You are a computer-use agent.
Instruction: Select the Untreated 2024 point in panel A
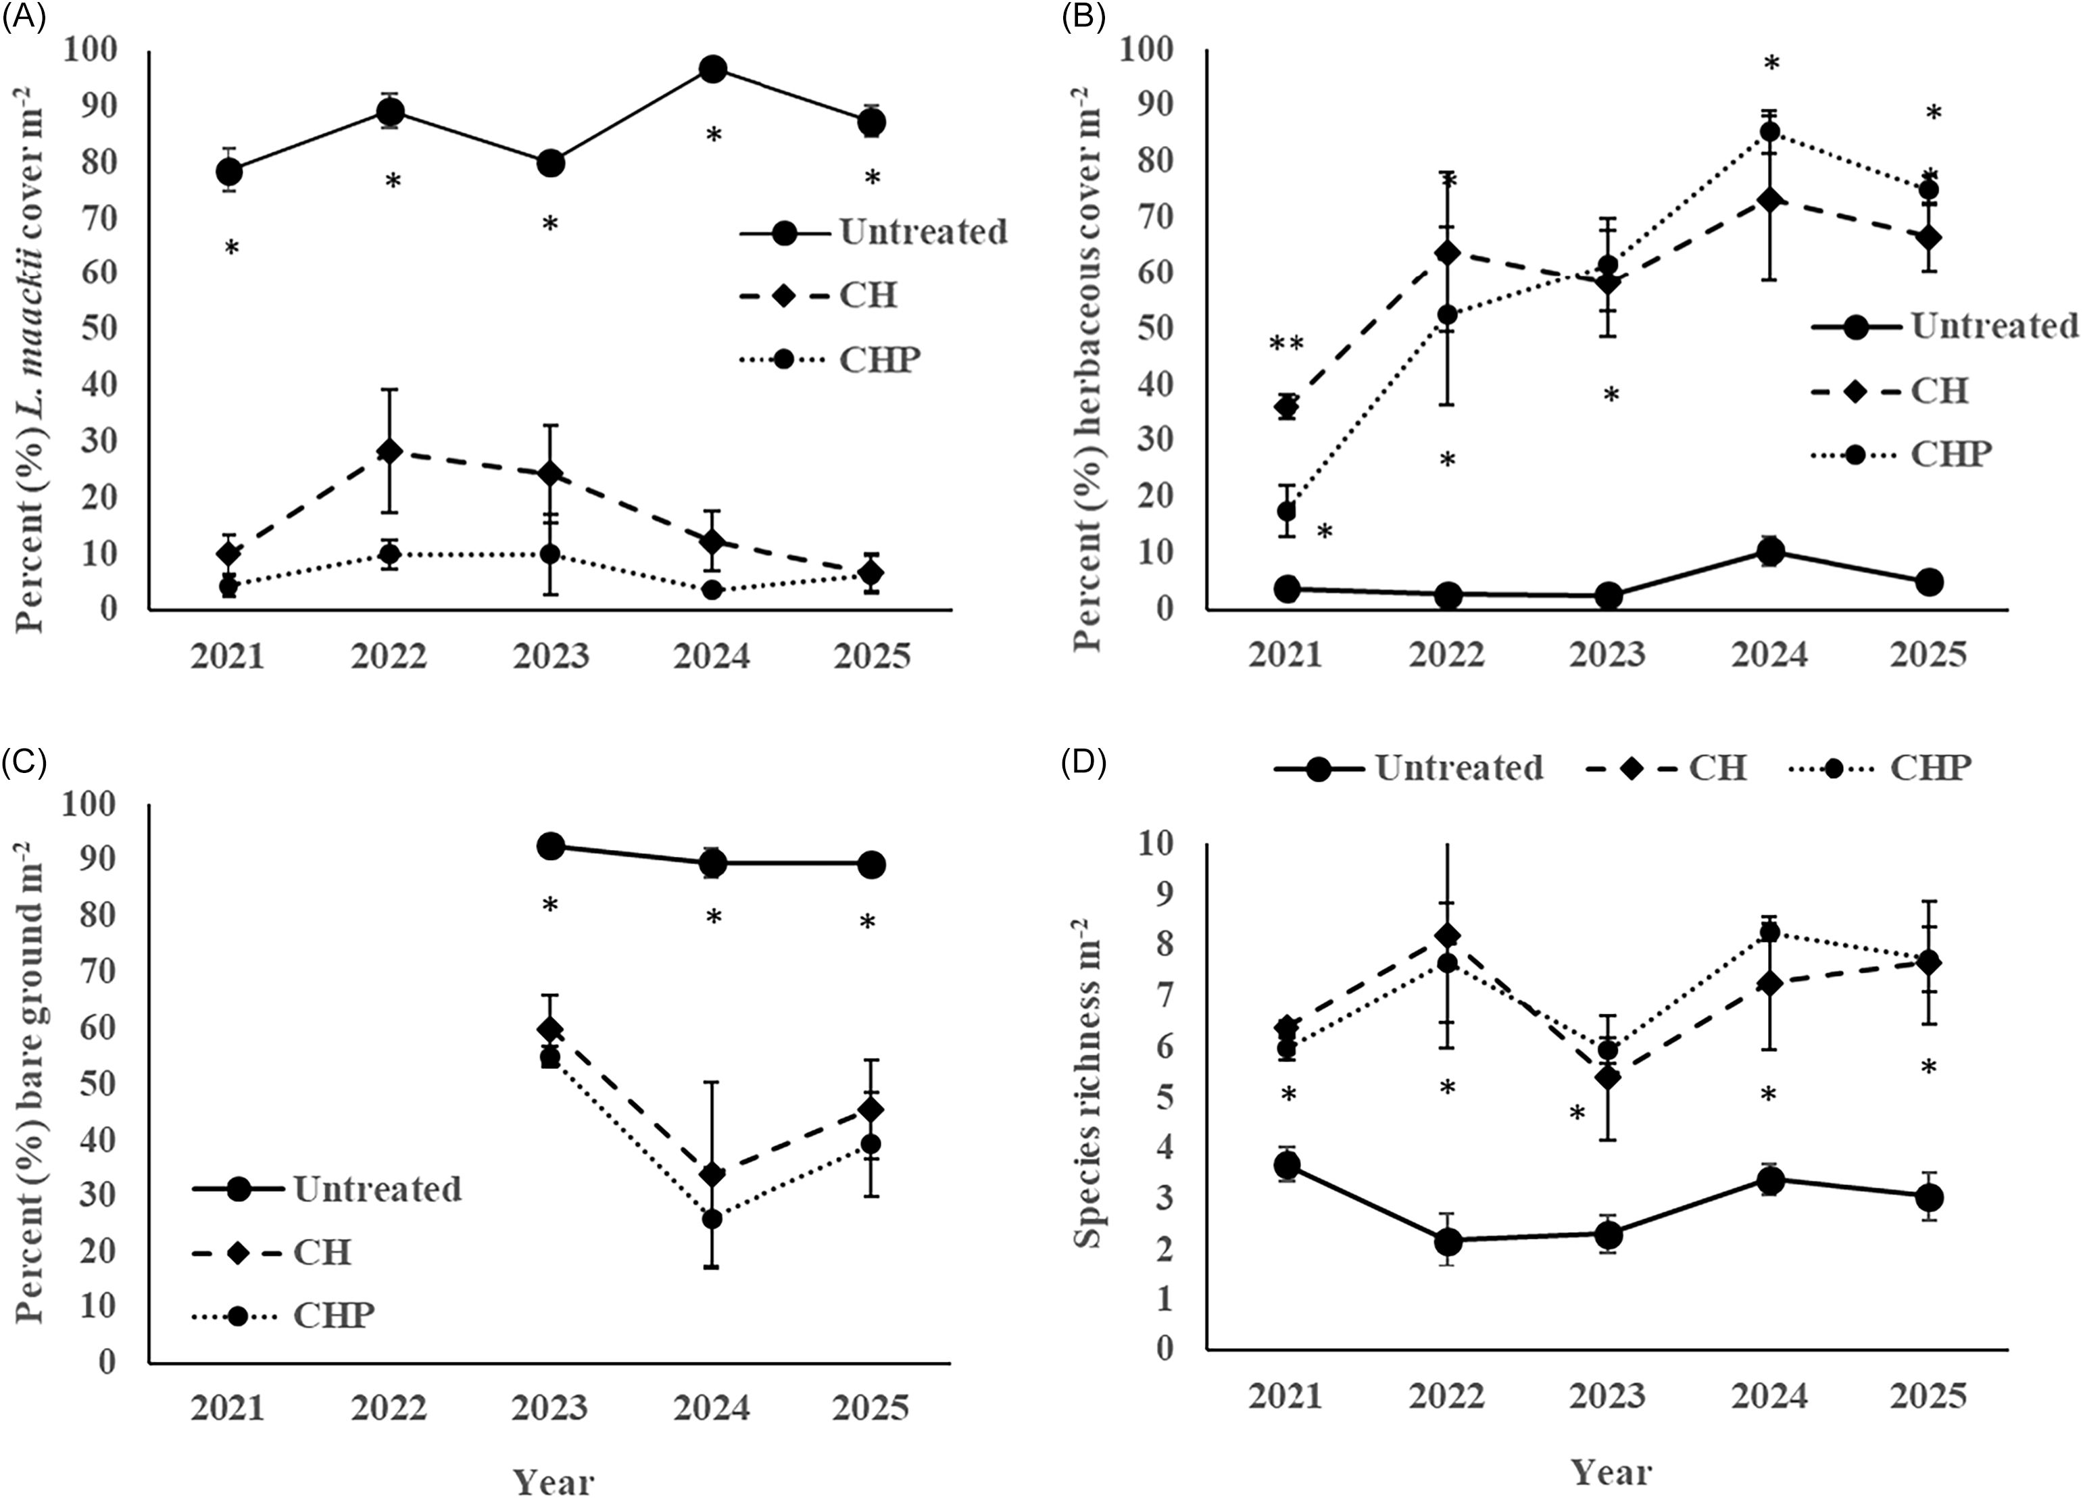coord(713,69)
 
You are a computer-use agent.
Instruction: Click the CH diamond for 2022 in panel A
coord(389,451)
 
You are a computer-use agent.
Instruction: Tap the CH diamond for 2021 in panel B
coord(1287,406)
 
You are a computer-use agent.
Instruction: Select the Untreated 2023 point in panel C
coord(550,847)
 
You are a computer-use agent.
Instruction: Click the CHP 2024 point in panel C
coord(712,1219)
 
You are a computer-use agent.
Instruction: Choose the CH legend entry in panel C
coord(272,1253)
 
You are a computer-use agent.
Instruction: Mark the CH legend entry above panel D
coord(1666,767)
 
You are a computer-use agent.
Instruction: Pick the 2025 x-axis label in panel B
coord(1929,655)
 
